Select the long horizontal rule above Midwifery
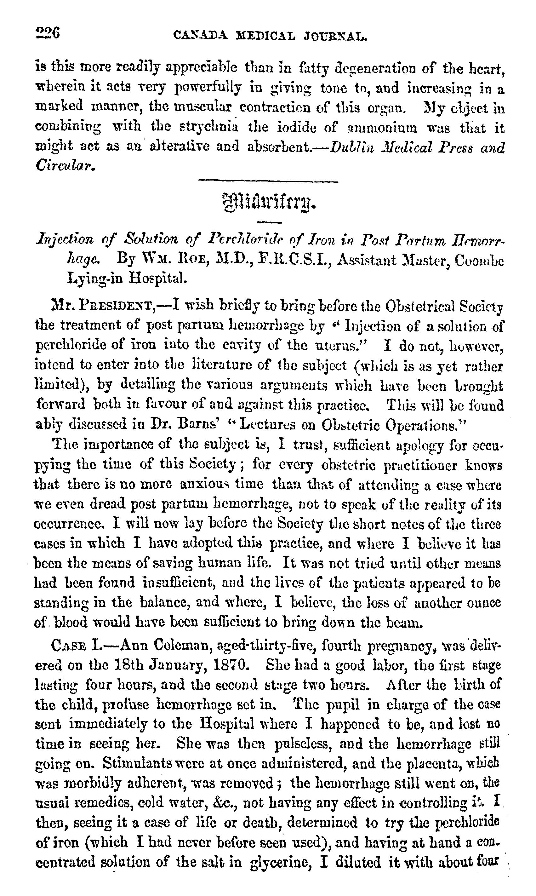coord(268,181)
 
